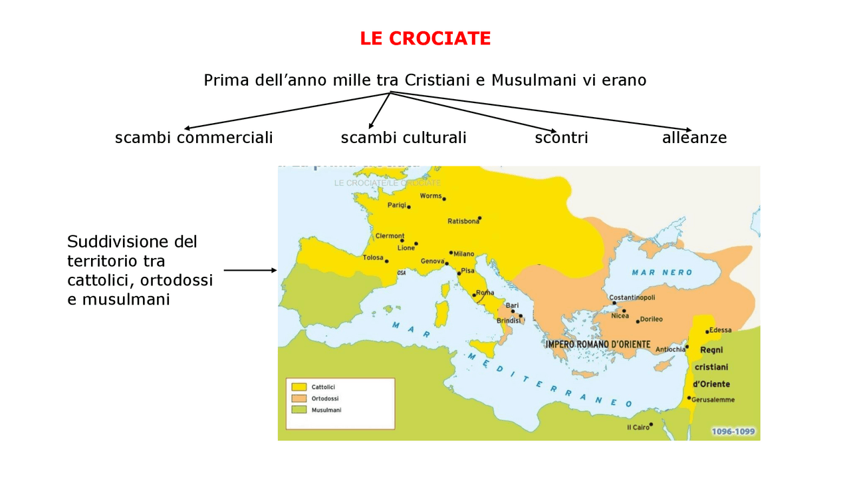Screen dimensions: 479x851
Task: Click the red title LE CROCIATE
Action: [x=425, y=39]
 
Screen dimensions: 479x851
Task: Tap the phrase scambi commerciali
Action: [x=193, y=138]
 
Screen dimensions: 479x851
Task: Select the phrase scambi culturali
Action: [x=404, y=138]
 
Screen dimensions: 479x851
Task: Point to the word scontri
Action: [x=561, y=138]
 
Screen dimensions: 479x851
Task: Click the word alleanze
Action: [x=694, y=138]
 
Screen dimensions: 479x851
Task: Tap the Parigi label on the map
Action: [x=396, y=205]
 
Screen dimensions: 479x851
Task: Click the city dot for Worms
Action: [x=444, y=199]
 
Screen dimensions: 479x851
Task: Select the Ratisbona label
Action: [x=463, y=221]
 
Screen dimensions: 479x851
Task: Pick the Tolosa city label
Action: [x=373, y=257]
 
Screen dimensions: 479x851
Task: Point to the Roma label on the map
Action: [x=485, y=293]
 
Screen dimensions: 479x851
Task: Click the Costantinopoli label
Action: [x=632, y=297]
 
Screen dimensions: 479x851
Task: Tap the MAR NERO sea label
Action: [x=662, y=272]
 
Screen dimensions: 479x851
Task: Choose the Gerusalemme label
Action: [x=713, y=400]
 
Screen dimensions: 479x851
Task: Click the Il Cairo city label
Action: [x=638, y=427]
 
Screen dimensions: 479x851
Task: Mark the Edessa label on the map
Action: [x=720, y=330]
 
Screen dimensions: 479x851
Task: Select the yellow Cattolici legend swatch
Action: [x=299, y=387]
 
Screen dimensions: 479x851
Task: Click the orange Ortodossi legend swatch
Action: [x=299, y=398]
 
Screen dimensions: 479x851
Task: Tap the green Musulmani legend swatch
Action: [x=299, y=410]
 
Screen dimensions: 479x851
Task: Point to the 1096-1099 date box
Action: [x=733, y=431]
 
